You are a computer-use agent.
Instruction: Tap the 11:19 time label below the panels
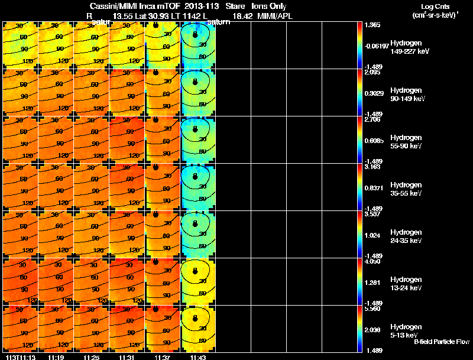tap(56, 357)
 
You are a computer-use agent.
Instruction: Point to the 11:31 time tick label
tap(127, 357)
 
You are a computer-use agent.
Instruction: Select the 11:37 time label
tap(162, 357)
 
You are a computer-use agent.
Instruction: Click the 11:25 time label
tap(92, 357)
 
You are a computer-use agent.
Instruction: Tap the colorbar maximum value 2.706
tap(372, 119)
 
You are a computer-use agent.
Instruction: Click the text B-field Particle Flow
tap(441, 342)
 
